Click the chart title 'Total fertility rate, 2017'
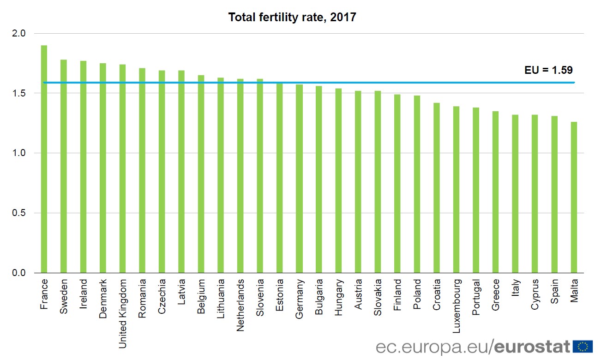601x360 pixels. [292, 18]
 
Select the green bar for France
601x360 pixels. [44, 159]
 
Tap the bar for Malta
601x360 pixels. [574, 197]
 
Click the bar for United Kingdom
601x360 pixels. [122, 168]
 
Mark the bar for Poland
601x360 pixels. [417, 184]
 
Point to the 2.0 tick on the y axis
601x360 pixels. [20, 34]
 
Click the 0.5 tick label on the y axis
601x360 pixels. [20, 213]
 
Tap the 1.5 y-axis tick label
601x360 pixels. [20, 93]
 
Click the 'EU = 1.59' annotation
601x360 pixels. [548, 71]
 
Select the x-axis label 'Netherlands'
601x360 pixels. [240, 305]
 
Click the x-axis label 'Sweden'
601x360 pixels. [64, 296]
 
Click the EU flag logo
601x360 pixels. [583, 346]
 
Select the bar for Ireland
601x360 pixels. [83, 167]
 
